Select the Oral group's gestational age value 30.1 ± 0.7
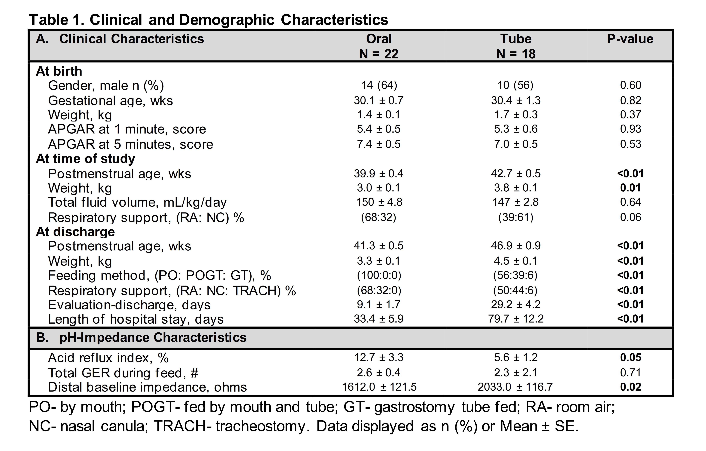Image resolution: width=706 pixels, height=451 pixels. tap(378, 101)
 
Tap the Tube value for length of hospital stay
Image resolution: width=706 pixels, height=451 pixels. tap(516, 319)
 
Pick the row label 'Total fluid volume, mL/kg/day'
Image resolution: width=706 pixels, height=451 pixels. tap(137, 203)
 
